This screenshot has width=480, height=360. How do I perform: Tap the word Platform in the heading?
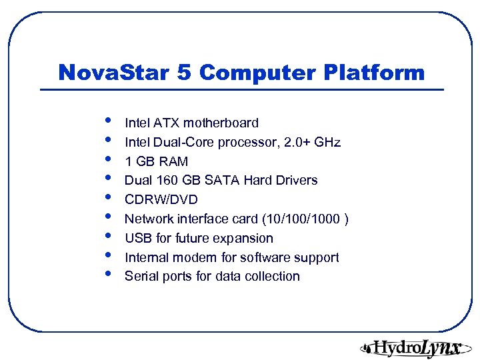[x=378, y=73]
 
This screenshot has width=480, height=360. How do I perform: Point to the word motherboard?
[x=221, y=123]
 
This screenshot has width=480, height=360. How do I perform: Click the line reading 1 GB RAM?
[x=157, y=161]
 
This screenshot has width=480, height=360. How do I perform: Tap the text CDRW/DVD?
[x=161, y=199]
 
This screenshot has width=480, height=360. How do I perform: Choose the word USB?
[x=138, y=238]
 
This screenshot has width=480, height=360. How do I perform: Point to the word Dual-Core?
[x=184, y=142]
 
